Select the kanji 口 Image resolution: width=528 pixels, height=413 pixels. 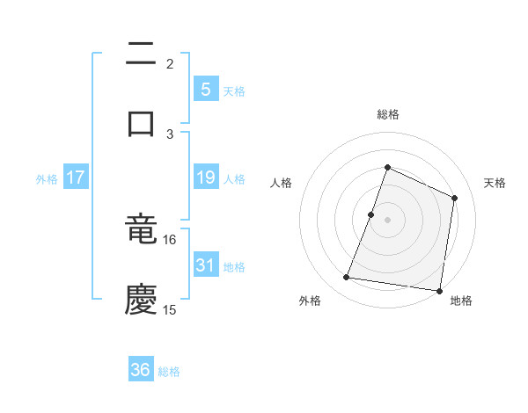141,123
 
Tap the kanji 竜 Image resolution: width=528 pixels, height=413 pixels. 141,230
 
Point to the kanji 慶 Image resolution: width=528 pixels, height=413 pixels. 141,299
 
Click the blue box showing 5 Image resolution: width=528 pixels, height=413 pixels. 205,89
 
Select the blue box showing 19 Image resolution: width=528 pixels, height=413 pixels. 205,178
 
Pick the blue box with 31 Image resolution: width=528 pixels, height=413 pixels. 205,264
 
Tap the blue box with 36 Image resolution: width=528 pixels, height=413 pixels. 141,370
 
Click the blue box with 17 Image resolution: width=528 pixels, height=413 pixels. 76,178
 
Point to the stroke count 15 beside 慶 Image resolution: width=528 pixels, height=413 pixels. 170,309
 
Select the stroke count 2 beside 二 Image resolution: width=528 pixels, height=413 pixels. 170,64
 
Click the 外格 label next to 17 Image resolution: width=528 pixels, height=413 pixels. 47,179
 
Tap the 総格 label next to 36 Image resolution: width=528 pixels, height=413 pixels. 169,372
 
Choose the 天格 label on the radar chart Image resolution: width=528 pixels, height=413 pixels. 495,183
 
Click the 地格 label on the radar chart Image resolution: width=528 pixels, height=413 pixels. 461,301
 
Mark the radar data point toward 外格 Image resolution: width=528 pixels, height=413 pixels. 347,278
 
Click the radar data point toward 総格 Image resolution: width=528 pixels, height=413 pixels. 387,167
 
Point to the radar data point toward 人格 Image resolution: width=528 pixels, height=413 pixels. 371,214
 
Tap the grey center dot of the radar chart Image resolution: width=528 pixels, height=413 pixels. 387,220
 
